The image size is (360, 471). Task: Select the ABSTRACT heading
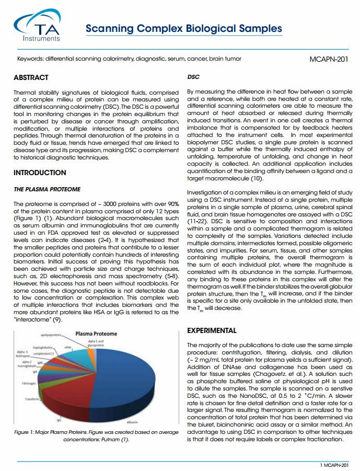point(31,78)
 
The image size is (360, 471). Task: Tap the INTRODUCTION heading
point(40,173)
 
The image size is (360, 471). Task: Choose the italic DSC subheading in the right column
point(193,77)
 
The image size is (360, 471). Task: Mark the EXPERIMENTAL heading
point(212,330)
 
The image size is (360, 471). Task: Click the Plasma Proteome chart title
point(97,333)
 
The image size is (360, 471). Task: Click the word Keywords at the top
point(30,59)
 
